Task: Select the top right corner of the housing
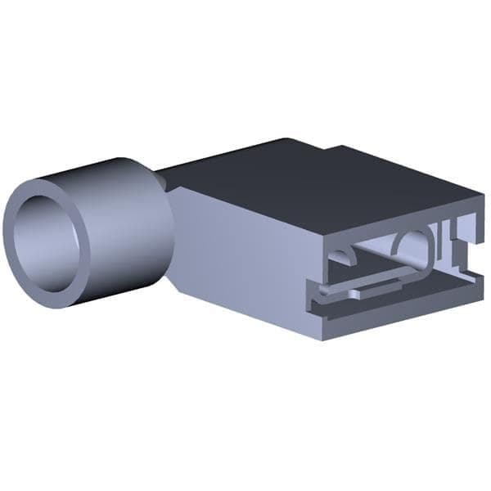[483, 197]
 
